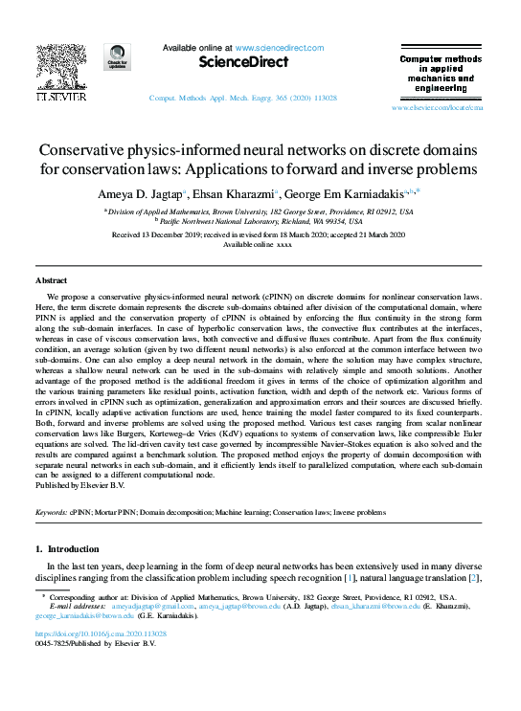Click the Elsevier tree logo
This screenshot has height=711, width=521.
pos(60,66)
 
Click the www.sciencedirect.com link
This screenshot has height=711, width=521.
pos(278,47)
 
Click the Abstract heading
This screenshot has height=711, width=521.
pos(51,280)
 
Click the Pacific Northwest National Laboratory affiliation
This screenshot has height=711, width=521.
pos(260,221)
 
